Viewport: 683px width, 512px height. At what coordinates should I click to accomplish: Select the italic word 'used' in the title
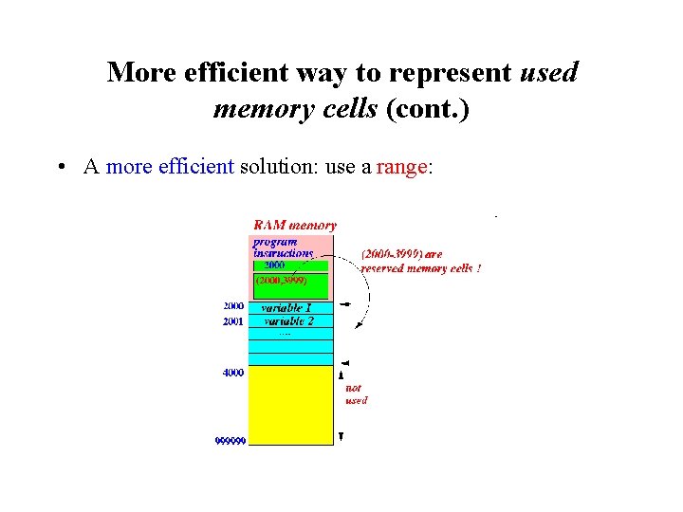pos(549,72)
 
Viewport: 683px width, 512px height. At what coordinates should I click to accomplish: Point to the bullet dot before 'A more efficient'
pos(60,168)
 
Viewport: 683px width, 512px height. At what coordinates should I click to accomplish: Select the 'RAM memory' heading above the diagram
pos(294,226)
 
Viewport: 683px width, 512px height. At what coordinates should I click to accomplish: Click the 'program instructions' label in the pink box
pos(282,247)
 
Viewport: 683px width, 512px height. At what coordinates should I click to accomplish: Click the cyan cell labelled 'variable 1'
pos(290,308)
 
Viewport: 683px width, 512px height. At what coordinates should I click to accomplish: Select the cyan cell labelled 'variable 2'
pos(290,321)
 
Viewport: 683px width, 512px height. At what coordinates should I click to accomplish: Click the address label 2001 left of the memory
pos(233,321)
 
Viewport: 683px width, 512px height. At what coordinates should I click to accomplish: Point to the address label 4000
pos(233,373)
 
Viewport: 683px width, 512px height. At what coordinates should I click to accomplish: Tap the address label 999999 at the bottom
pos(230,441)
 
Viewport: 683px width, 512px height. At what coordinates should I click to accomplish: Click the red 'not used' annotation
pos(356,394)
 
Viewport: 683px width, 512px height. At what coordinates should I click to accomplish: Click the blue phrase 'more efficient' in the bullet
pos(170,167)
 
